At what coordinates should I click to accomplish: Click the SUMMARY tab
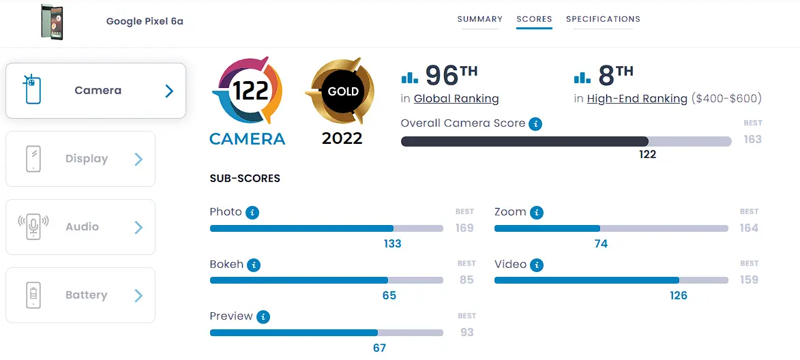point(479,19)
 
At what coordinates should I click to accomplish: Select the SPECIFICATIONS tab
point(603,19)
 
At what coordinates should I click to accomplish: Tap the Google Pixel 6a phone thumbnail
point(52,22)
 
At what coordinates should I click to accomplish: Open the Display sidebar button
point(80,159)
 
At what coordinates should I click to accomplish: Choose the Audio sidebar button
point(80,227)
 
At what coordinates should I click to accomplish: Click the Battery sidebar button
point(80,295)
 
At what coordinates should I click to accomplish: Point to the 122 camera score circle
point(247,91)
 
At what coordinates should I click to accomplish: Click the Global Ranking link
point(456,99)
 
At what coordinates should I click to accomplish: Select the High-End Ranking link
point(637,99)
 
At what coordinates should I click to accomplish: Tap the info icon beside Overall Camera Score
point(535,124)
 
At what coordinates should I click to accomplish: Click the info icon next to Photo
point(252,213)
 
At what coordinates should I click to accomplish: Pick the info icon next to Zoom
point(536,213)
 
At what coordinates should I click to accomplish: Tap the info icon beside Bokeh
point(254,265)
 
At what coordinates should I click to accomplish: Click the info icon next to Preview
point(263,317)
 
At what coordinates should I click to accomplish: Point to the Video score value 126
point(679,296)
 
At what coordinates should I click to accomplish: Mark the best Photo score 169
point(465,228)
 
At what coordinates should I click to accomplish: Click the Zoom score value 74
point(601,243)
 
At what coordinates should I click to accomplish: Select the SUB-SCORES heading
point(245,179)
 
